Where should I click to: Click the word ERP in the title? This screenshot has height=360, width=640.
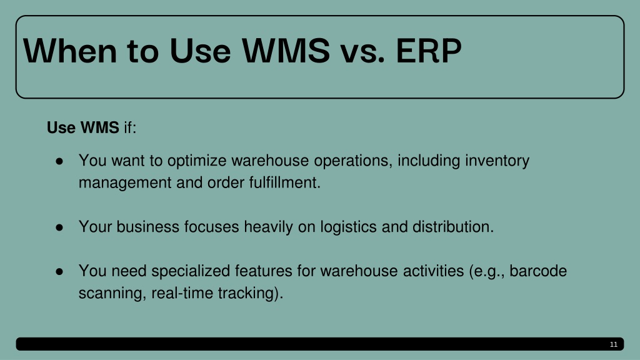[x=429, y=51]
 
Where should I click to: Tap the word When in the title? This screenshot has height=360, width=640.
[x=70, y=51]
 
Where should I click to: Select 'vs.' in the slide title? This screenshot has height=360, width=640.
[x=363, y=54]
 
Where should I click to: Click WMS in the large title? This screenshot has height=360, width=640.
[x=286, y=51]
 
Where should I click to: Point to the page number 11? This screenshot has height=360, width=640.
[x=614, y=344]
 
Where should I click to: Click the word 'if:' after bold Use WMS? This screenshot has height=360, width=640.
[x=130, y=127]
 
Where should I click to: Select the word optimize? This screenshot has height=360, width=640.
[x=197, y=161]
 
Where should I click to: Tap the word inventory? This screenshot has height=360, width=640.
[x=497, y=161]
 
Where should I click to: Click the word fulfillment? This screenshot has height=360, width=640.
[x=284, y=182]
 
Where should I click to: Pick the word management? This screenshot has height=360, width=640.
[x=125, y=183]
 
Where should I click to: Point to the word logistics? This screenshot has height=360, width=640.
[x=348, y=227]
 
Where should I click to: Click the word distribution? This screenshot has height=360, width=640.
[x=453, y=227]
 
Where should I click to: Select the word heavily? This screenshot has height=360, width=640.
[x=268, y=227]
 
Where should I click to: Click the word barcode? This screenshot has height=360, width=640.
[x=538, y=271]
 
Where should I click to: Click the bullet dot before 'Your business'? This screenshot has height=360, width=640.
[x=59, y=227]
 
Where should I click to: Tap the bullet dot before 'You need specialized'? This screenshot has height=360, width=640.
[x=59, y=271]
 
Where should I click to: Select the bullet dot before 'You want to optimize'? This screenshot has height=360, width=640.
[x=59, y=161]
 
